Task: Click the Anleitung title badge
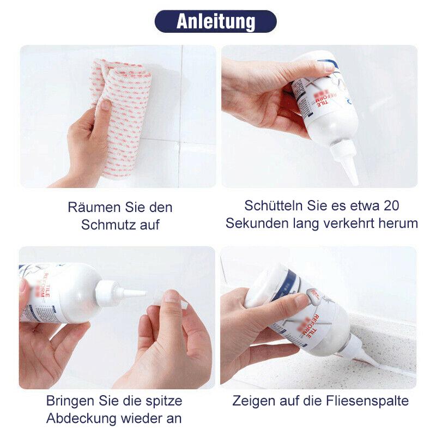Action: (x=215, y=21)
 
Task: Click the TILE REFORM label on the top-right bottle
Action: (x=308, y=98)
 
